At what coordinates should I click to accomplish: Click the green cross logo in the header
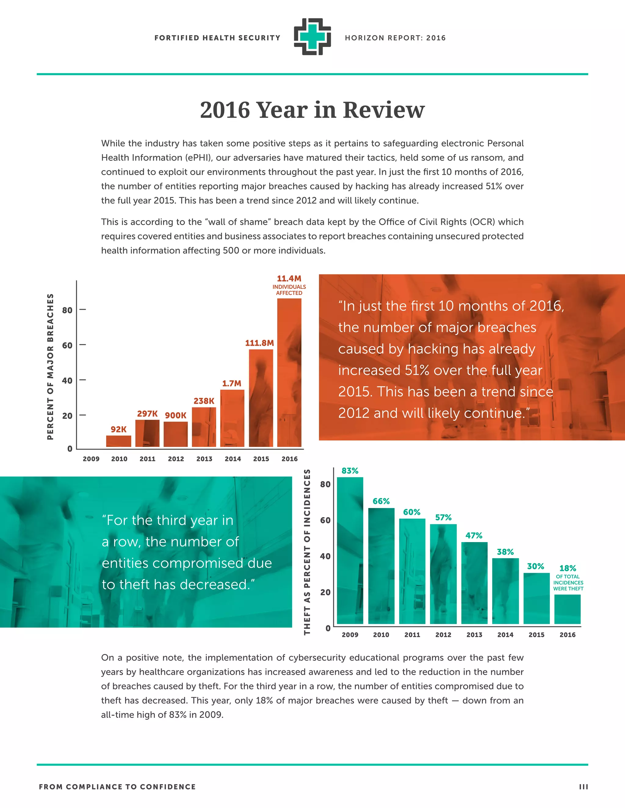point(312,37)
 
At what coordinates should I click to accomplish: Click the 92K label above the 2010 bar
point(118,429)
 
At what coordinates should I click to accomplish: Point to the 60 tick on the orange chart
point(67,345)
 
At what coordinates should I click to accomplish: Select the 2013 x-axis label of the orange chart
point(204,459)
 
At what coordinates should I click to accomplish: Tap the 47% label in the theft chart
point(474,535)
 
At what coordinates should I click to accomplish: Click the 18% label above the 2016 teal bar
point(567,568)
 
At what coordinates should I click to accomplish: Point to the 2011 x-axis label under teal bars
point(412,635)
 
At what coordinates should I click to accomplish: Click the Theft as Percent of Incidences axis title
point(307,552)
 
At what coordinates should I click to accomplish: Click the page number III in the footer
point(583,787)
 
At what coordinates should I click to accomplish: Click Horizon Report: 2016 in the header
point(395,38)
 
